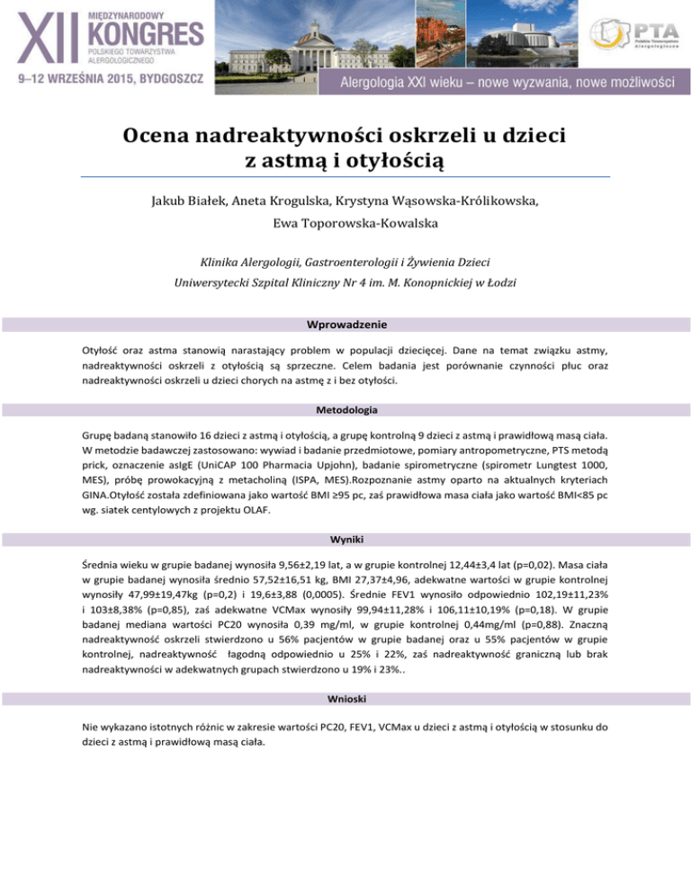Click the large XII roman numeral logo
47,38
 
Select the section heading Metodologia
345,409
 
